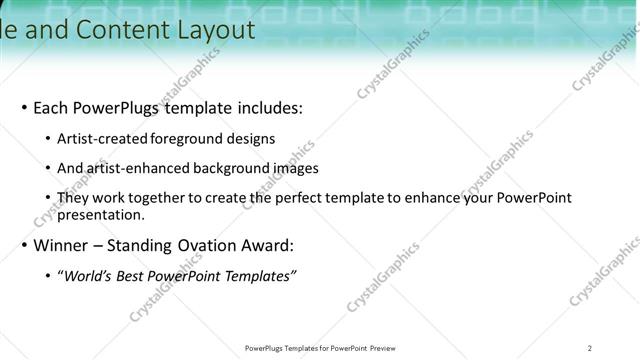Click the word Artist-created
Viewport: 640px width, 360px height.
tap(103, 139)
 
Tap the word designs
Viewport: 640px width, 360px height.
tap(252, 139)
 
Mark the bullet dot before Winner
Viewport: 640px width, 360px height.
tap(24, 246)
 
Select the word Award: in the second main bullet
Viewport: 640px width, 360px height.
tap(270, 245)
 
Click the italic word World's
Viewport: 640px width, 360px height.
tap(88, 276)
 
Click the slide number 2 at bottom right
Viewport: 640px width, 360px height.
tap(590, 348)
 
